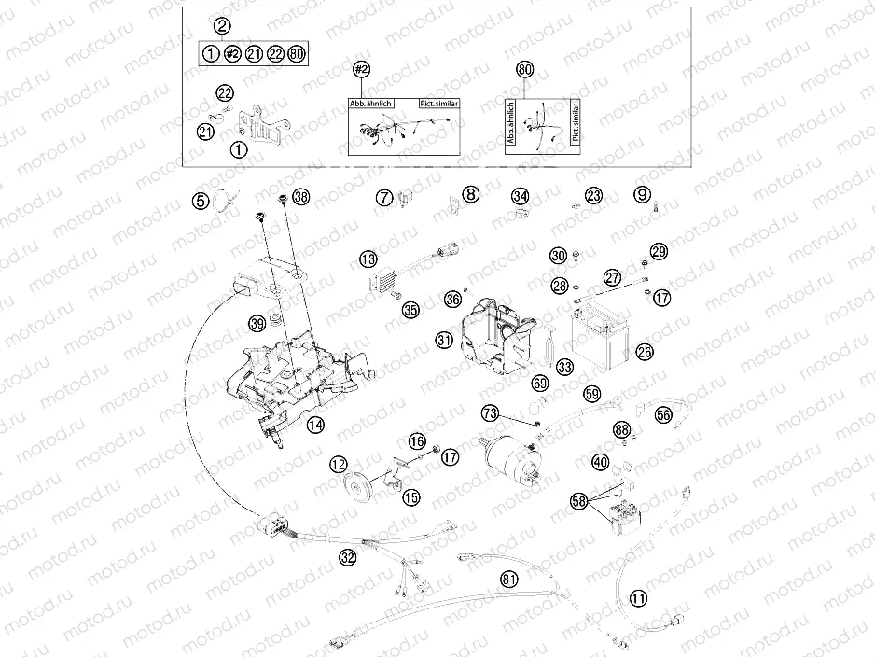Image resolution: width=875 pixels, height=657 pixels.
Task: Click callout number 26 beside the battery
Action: coord(645,352)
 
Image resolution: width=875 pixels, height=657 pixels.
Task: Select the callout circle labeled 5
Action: coord(201,199)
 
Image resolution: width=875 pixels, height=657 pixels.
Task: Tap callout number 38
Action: coord(300,197)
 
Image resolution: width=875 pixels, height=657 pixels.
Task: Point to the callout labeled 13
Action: coord(368,259)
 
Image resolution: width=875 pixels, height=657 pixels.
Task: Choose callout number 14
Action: coord(316,425)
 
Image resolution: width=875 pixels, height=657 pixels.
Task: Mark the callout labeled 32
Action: coord(348,558)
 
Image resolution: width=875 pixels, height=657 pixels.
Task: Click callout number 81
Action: coord(508,580)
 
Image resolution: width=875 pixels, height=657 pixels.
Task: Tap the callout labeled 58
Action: coord(580,502)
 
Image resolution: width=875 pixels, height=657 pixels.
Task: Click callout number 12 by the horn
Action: coord(338,464)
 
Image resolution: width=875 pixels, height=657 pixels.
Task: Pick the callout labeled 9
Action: coord(642,195)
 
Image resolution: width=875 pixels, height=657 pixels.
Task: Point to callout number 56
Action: coord(663,414)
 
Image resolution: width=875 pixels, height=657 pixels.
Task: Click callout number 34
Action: coord(520,196)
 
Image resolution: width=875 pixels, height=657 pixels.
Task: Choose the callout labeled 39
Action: coord(257,324)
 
